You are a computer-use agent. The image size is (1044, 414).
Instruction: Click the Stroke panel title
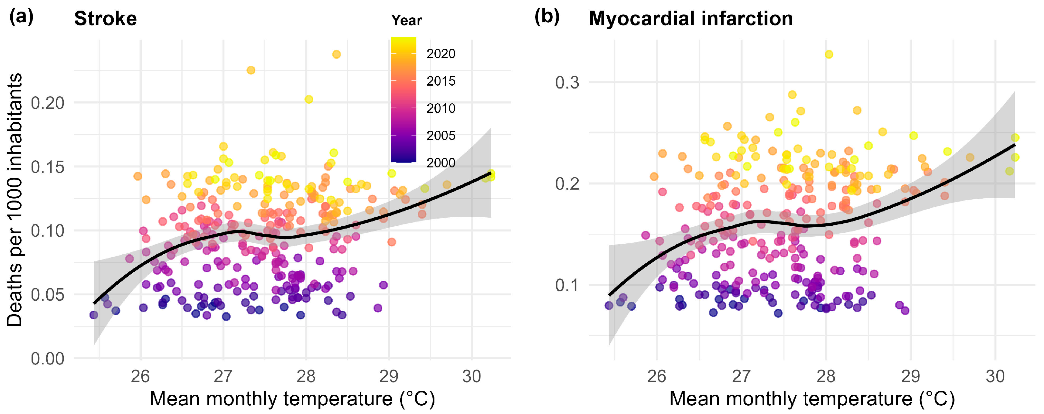pos(105,19)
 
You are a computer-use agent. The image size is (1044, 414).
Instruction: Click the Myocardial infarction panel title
pos(691,19)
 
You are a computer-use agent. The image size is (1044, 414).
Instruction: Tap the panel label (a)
pos(21,17)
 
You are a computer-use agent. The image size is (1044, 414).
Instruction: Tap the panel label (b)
pos(547,17)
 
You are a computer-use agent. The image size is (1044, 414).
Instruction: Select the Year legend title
pos(406,20)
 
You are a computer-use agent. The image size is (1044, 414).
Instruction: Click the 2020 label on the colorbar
pos(441,54)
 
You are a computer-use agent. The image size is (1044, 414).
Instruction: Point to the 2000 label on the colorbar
pos(441,163)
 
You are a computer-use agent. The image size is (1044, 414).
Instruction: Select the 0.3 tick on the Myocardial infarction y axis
pos(567,83)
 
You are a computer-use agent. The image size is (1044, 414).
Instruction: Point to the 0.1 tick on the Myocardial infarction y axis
pos(567,285)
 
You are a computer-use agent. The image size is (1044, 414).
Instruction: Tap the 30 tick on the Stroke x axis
pos(472,377)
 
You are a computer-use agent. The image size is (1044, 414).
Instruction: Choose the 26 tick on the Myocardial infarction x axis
pos(657,377)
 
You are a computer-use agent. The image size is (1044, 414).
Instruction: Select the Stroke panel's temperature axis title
pos(292,399)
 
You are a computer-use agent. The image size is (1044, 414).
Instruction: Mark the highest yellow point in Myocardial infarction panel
pos(829,54)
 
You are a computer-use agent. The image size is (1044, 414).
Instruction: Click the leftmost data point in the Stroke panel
pos(94,315)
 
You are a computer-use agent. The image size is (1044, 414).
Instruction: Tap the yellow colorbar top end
pos(404,39)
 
